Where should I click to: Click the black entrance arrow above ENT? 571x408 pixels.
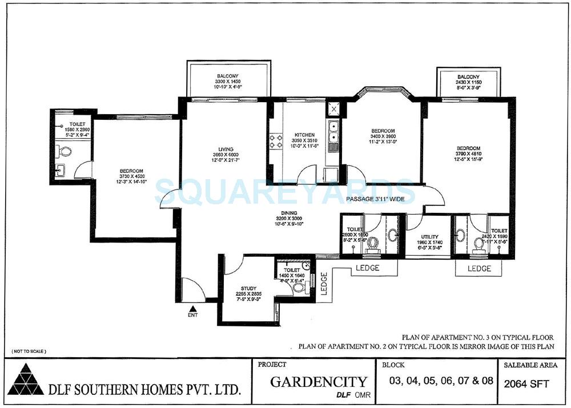coord(191,308)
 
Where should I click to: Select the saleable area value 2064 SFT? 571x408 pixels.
coord(526,384)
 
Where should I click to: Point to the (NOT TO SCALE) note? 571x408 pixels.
coord(29,351)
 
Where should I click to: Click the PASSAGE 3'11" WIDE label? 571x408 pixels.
coord(375,199)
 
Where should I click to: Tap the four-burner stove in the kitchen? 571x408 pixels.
coord(276,141)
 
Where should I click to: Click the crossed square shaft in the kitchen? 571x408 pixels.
coord(332,107)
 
